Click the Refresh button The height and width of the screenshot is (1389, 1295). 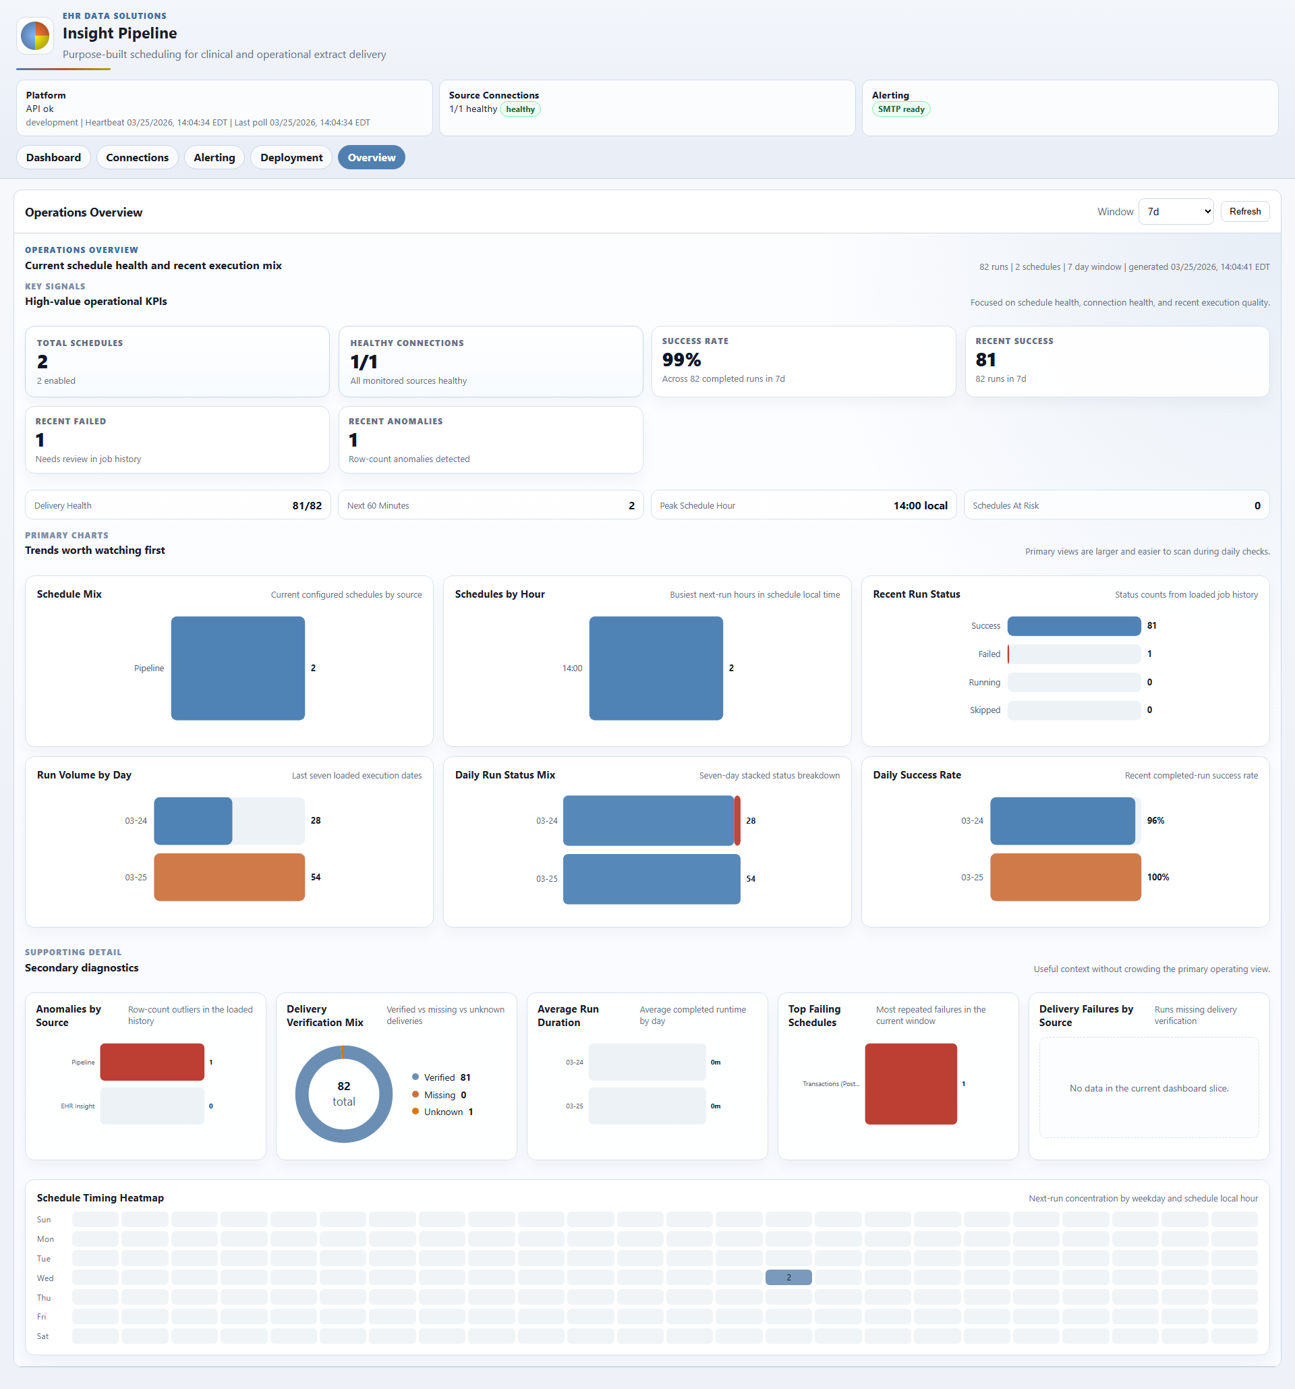[x=1244, y=211]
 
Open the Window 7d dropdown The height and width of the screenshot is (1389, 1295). [x=1176, y=212]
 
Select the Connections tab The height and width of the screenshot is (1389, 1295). [x=137, y=157]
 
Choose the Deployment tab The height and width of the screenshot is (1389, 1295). [x=291, y=157]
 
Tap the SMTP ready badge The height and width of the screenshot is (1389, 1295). [x=900, y=109]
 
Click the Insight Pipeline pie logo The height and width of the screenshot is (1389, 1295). [x=35, y=36]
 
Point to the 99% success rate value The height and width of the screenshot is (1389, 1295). [x=681, y=360]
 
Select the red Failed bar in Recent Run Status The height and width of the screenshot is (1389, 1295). [x=1008, y=654]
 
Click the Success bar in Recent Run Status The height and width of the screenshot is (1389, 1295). [x=1074, y=626]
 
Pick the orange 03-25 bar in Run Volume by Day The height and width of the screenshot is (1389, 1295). [x=229, y=877]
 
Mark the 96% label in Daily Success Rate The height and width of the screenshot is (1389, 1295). [x=1155, y=821]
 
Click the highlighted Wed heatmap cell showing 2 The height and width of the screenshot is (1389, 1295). [x=788, y=1277]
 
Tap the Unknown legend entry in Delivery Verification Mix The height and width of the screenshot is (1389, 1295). [x=443, y=1112]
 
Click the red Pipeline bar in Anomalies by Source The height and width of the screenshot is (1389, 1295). [x=152, y=1062]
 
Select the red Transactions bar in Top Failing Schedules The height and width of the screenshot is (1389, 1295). [x=911, y=1083]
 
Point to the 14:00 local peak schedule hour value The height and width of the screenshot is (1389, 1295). [x=920, y=505]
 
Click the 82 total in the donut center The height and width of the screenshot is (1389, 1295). [x=344, y=1094]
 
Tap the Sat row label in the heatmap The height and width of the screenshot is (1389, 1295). [x=42, y=1336]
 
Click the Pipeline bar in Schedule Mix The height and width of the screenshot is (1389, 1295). [x=237, y=668]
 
